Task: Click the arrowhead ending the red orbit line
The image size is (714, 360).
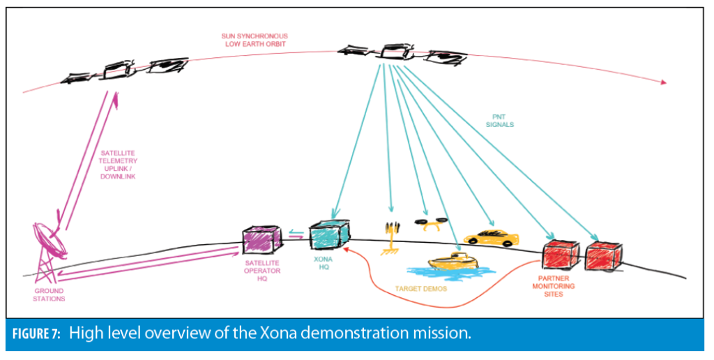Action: (x=661, y=82)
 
